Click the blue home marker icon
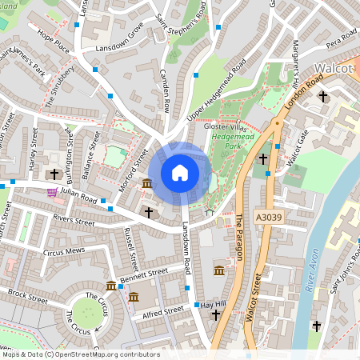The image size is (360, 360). [x=180, y=173]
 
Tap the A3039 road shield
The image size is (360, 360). [x=269, y=217]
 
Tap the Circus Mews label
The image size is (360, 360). [x=63, y=251]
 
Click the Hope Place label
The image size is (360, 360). [x=54, y=44]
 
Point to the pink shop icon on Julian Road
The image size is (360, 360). [x=52, y=192]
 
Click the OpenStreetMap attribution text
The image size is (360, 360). [x=80, y=354]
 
